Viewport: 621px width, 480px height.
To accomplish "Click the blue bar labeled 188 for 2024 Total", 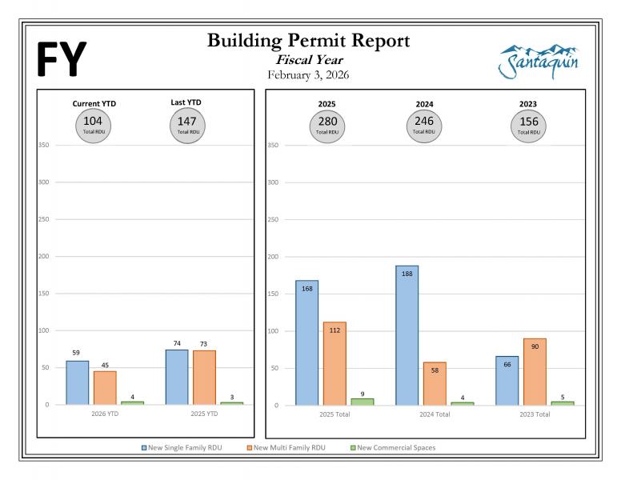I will pos(407,335).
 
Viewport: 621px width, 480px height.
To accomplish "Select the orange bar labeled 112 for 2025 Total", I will pos(335,363).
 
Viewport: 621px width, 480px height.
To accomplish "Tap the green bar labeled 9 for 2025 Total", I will pos(362,402).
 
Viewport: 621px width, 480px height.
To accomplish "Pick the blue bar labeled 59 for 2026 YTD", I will pos(78,382).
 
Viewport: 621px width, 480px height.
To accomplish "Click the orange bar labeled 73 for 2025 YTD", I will pos(204,377).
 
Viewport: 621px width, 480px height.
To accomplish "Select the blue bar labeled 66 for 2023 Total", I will pos(507,380).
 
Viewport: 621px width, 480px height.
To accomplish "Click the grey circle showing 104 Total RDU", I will pos(92,124).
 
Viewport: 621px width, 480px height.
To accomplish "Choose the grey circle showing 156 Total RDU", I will pos(527,125).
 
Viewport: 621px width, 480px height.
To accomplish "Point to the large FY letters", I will pos(60,60).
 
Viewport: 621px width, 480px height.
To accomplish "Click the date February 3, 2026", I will pos(309,75).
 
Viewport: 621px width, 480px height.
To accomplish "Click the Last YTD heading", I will pos(186,102).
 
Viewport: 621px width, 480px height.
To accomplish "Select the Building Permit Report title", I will pos(308,41).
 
